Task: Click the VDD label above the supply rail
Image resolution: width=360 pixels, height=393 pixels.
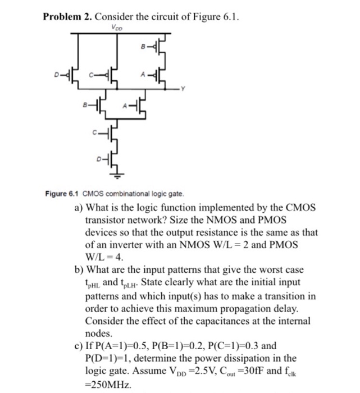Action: pyautogui.click(x=117, y=26)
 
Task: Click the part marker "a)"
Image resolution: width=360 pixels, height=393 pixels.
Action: pyautogui.click(x=79, y=208)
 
